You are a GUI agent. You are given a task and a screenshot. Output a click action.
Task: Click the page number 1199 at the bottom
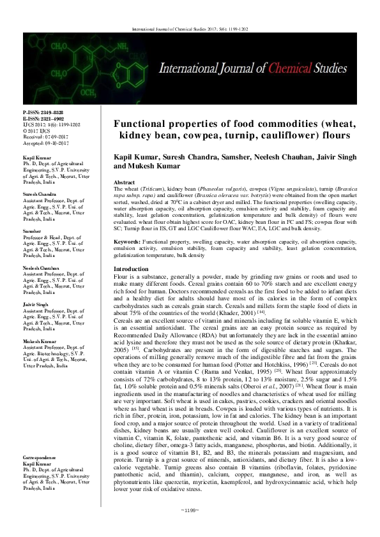pyautogui.click(x=190, y=528)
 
